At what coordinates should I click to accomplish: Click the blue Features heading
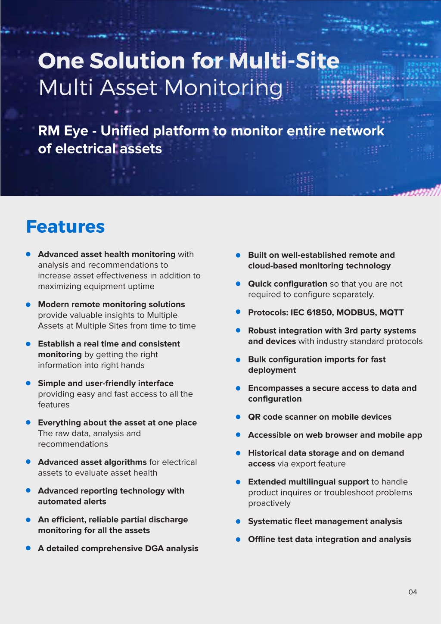65,227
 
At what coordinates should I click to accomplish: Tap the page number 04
413,592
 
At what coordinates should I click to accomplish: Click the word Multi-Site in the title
284,61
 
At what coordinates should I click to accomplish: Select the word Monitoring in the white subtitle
223,88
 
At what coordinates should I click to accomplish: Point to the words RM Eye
63,131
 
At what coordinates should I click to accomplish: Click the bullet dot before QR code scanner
238,417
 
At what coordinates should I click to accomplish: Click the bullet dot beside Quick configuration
238,284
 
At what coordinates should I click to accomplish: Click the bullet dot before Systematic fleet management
238,521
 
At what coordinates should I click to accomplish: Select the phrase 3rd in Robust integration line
351,331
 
